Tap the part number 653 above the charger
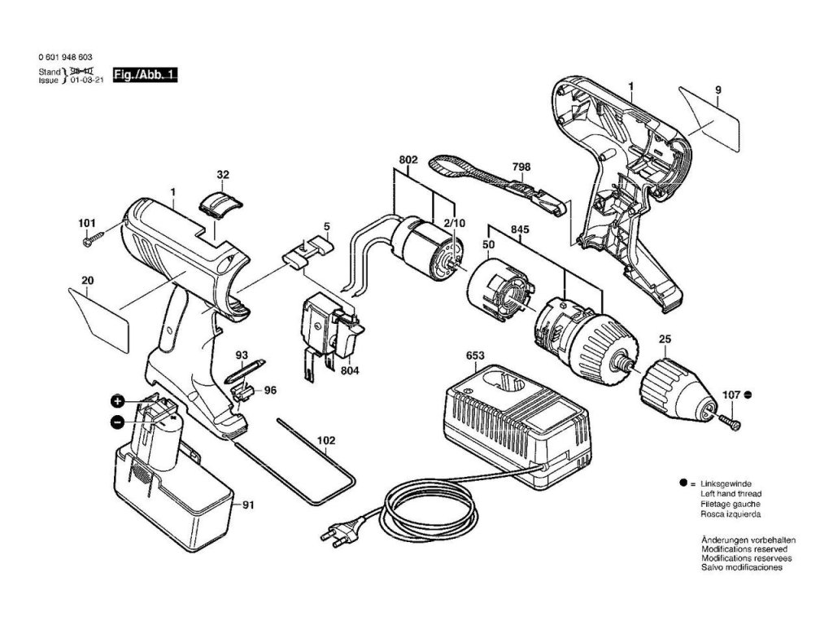tap(476, 354)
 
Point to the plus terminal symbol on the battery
tap(119, 402)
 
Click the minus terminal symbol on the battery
tap(119, 422)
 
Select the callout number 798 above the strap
tap(521, 167)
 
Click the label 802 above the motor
tap(408, 160)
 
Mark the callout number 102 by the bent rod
tap(325, 442)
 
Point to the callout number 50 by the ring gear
tap(489, 244)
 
